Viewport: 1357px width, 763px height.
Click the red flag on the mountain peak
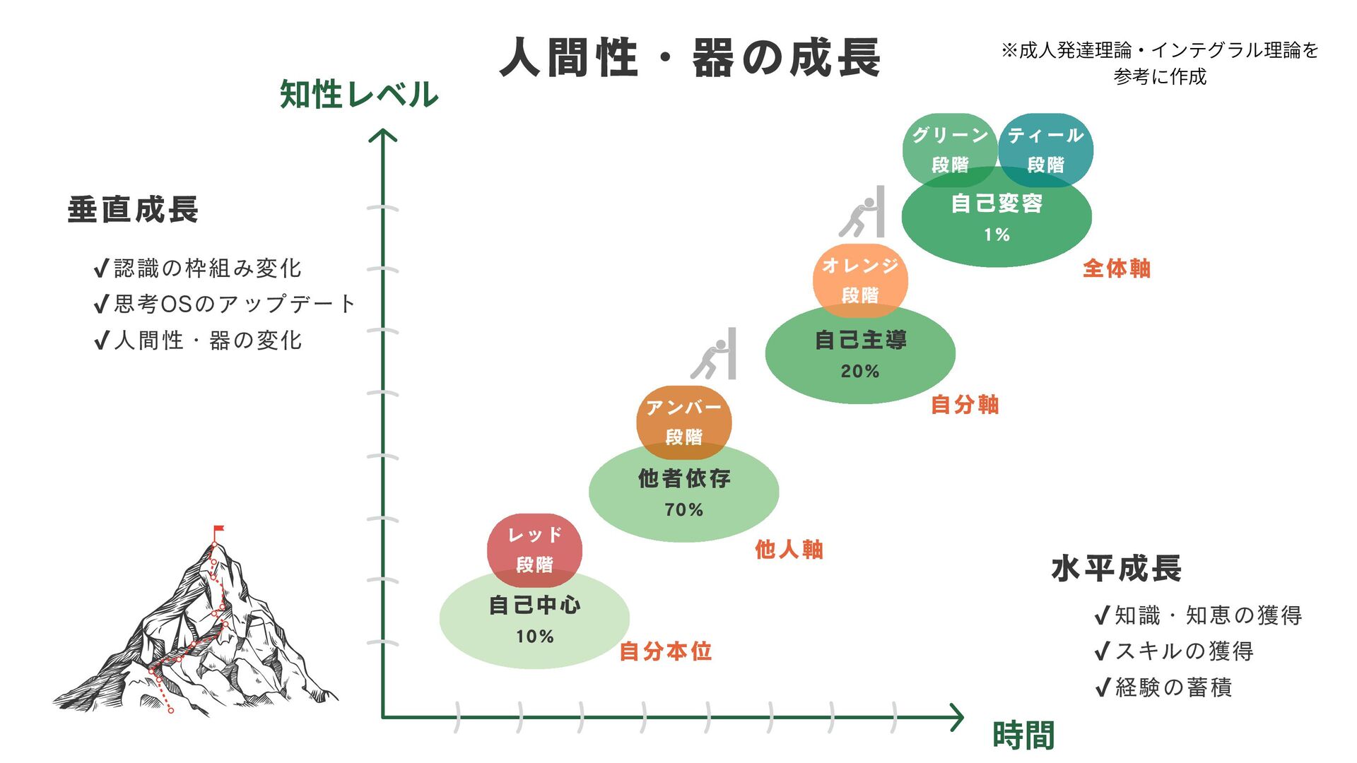218,529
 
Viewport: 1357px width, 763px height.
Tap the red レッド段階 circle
534,550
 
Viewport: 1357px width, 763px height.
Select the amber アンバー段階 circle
683,422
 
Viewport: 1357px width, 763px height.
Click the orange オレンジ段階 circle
860,280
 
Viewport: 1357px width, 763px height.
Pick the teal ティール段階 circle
1046,149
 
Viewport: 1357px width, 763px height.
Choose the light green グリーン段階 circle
949,149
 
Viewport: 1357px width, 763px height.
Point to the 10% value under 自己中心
534,637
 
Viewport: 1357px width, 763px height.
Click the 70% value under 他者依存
683,509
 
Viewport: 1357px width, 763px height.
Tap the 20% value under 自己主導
860,371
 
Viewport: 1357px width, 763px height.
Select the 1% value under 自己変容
997,235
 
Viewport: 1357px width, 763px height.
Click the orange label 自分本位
665,651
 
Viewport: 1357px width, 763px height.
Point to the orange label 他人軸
789,549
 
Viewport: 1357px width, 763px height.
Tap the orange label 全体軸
1117,268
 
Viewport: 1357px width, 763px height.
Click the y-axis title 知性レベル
359,94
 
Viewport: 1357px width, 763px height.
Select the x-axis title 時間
1023,735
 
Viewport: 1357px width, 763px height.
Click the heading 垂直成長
133,210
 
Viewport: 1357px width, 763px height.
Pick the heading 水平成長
1116,568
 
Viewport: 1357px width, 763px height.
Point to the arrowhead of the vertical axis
383,134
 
